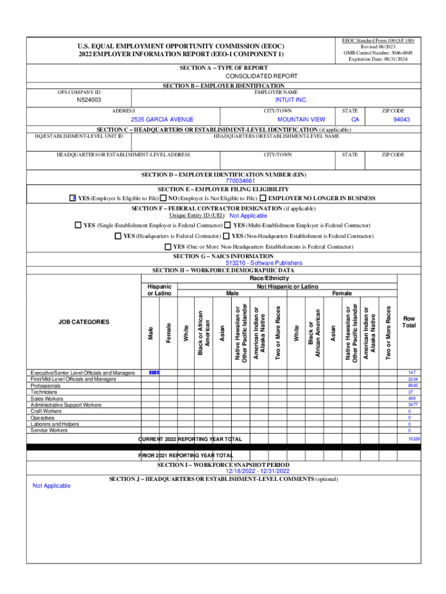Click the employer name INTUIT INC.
[x=291, y=100]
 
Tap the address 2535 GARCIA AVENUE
[x=162, y=119]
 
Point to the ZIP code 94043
[x=401, y=119]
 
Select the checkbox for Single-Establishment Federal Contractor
[x=78, y=225]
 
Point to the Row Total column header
[x=410, y=322]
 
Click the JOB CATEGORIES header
[x=83, y=322]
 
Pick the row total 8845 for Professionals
[x=412, y=385]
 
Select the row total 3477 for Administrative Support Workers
[x=412, y=404]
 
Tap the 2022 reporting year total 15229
[x=412, y=439]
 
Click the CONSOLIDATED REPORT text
[x=261, y=76]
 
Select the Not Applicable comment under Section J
[x=52, y=486]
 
